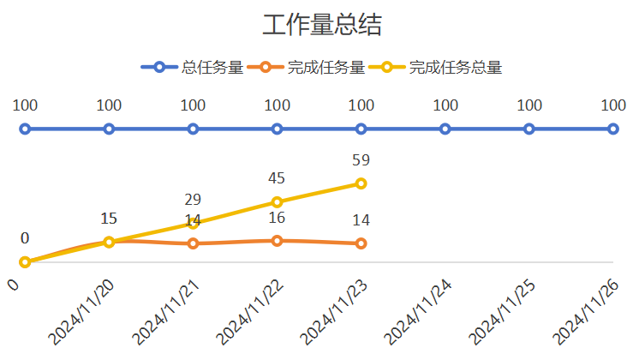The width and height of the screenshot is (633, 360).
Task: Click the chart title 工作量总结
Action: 321,25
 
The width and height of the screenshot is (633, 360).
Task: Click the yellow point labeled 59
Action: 361,183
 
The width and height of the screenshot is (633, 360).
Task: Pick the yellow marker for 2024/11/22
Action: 278,202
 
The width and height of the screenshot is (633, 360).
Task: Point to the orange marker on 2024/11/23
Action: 361,243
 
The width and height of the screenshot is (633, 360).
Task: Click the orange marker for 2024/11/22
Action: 278,241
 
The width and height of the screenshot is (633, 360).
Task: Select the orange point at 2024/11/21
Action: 193,243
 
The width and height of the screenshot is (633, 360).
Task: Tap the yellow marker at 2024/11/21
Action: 193,223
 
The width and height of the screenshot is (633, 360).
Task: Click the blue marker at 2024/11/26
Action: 613,129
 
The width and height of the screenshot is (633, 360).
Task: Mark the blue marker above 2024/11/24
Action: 445,129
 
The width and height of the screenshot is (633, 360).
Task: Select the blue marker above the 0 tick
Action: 25,129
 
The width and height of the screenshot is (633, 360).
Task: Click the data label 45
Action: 277,178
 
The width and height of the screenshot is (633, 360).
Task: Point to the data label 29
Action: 193,200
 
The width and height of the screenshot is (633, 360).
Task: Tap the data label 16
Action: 277,218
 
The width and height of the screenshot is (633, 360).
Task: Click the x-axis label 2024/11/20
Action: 81,312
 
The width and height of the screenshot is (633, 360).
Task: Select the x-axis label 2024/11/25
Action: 502,312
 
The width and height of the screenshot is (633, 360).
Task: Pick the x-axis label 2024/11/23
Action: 333,312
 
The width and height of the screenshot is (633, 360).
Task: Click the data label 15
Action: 109,219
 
